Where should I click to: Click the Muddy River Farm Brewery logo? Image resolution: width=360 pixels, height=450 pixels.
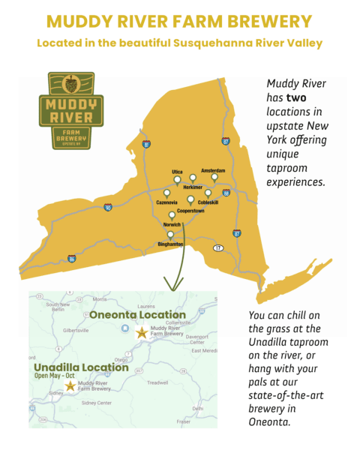(71, 110)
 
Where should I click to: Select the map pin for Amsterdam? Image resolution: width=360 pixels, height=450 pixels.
(214, 178)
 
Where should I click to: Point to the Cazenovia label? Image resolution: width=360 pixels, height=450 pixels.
(166, 202)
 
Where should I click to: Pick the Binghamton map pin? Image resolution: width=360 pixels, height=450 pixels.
(169, 234)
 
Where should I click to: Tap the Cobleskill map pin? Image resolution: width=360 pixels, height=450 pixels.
(208, 193)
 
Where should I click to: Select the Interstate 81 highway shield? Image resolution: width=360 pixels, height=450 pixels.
(146, 143)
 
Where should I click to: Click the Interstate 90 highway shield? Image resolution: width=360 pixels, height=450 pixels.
(108, 207)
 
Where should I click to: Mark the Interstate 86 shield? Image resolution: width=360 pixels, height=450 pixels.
(71, 259)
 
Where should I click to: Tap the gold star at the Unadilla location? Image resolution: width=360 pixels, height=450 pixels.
(70, 385)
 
